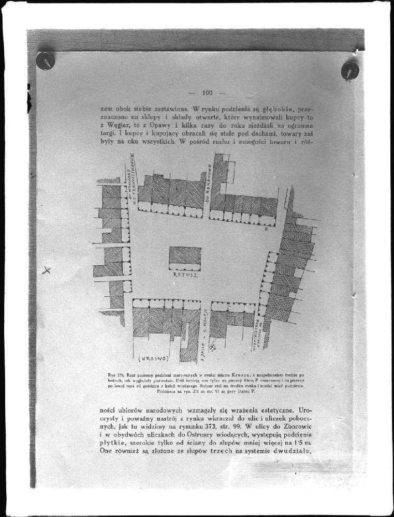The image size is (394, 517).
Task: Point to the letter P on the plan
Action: point(266,228)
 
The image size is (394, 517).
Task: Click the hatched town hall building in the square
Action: point(185,255)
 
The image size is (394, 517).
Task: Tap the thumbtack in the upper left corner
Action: point(46,60)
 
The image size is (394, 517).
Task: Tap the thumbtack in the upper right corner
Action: point(349,70)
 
